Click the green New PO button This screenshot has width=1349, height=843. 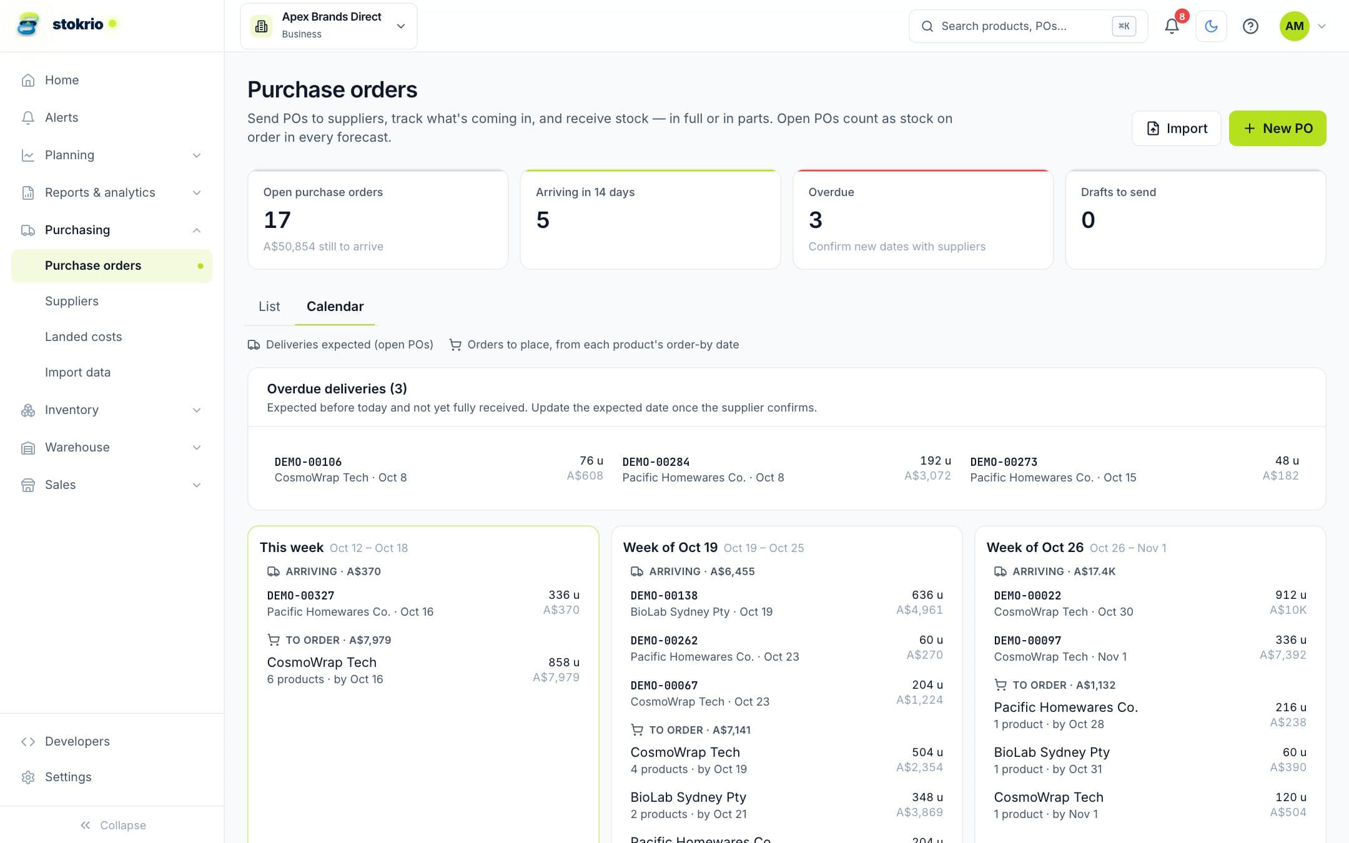[x=1277, y=128]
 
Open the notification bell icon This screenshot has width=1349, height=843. [x=1172, y=26]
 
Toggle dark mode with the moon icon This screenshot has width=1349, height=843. [x=1211, y=26]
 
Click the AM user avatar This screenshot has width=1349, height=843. [x=1294, y=26]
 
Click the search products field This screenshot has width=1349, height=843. [x=1028, y=26]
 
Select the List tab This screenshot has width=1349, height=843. [x=269, y=306]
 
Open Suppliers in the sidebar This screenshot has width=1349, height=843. [x=72, y=301]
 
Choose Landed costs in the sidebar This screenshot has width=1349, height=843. [x=84, y=337]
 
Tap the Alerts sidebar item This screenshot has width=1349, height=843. [x=61, y=117]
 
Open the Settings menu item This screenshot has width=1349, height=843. [x=67, y=777]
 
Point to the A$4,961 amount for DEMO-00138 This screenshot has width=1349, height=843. [x=919, y=610]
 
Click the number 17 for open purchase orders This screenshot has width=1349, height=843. [x=277, y=220]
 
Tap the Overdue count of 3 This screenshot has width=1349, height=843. [x=815, y=220]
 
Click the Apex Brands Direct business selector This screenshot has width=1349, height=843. [x=329, y=26]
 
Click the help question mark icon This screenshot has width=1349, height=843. [x=1250, y=26]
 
